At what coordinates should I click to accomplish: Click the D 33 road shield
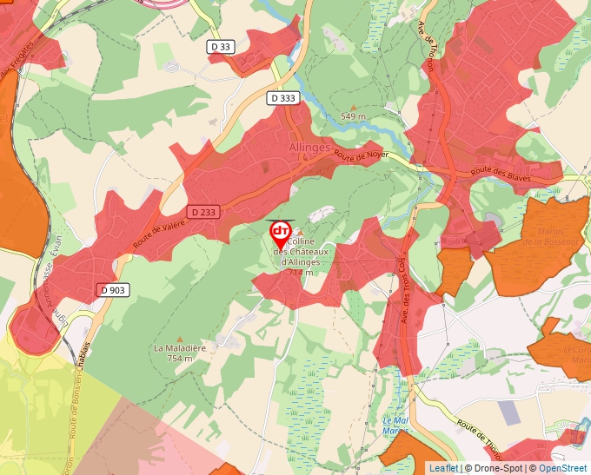tap(221, 46)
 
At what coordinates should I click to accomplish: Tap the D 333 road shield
tap(282, 98)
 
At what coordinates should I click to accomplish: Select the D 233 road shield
tap(202, 212)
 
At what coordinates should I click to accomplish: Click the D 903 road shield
tap(113, 290)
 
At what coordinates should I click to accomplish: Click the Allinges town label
tap(309, 148)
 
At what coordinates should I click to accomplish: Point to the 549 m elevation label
tap(353, 115)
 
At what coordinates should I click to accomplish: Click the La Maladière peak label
tap(179, 348)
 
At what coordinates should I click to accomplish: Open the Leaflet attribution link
tap(443, 468)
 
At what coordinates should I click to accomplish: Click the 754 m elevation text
tap(179, 358)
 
